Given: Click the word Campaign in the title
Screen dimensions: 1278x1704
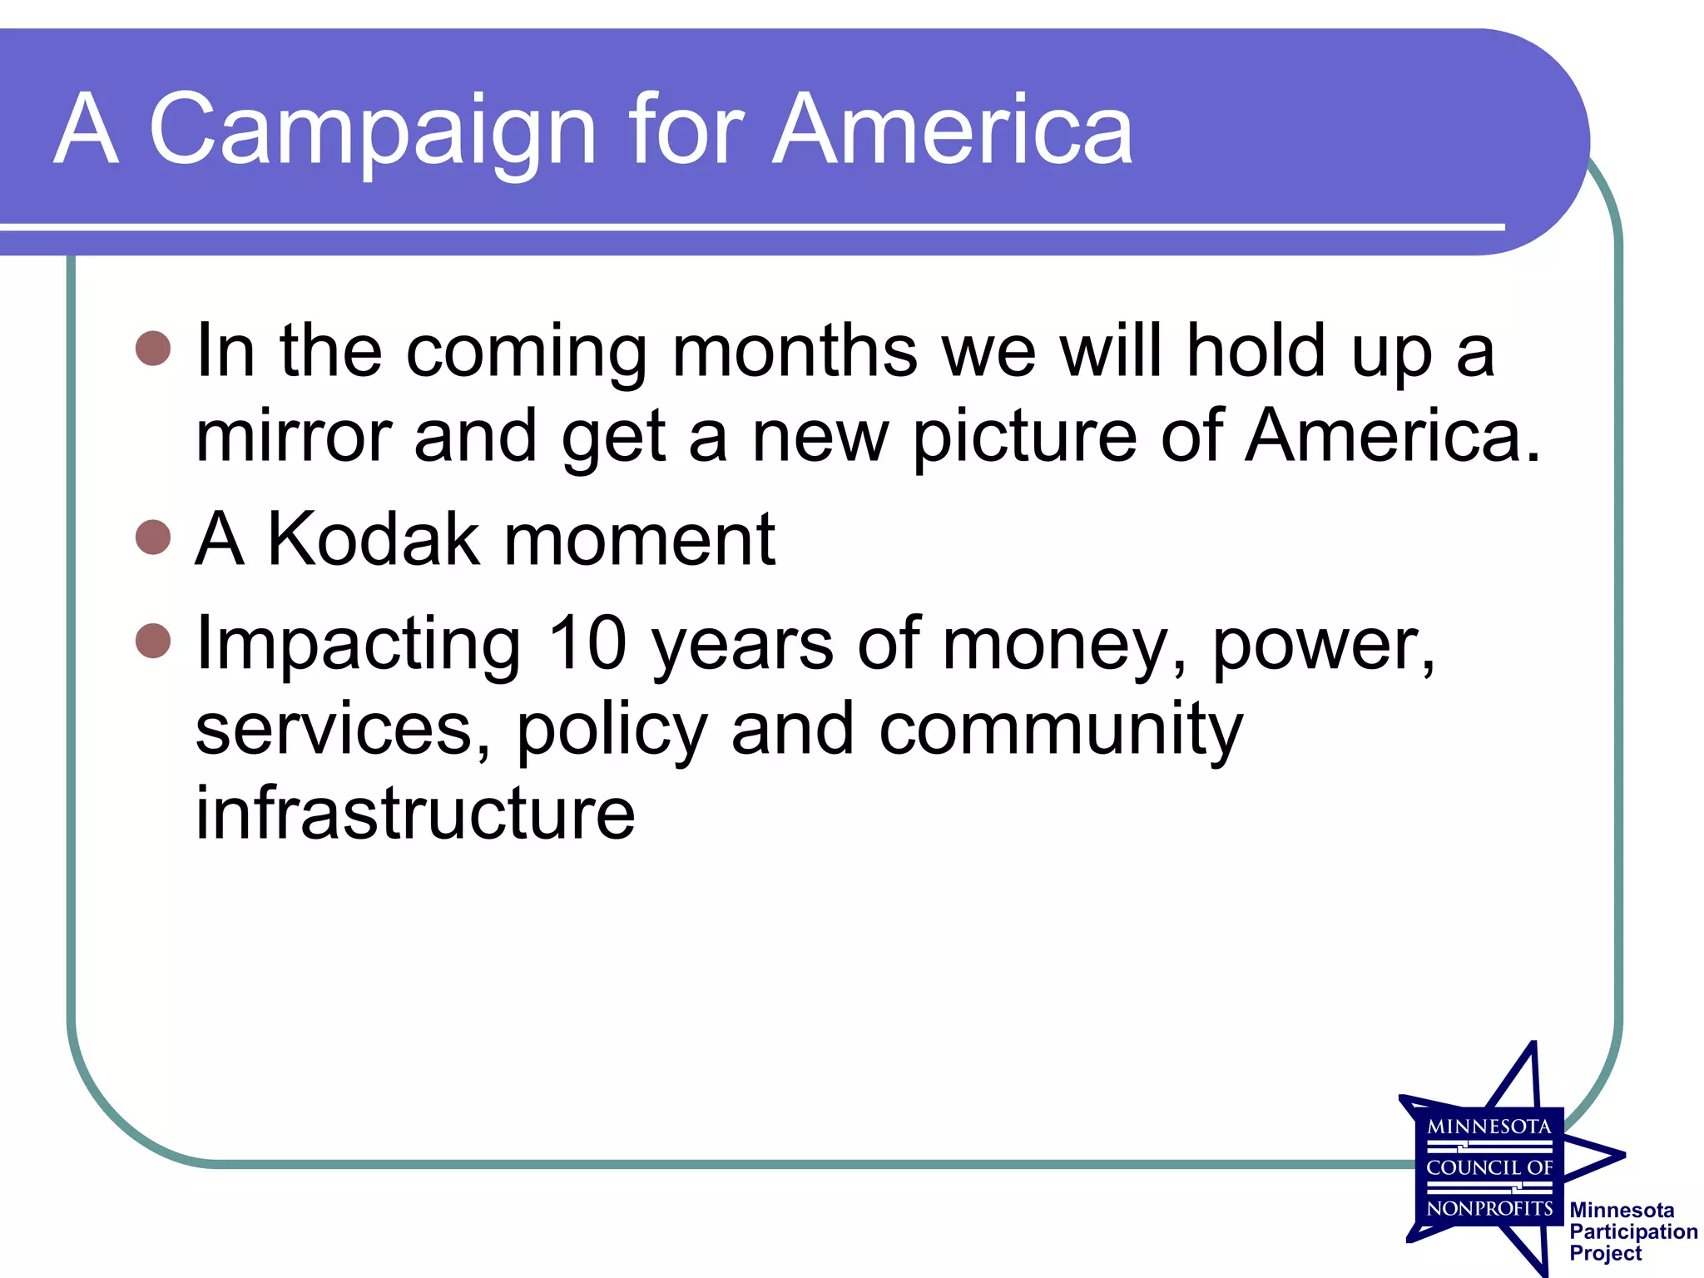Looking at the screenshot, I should pyautogui.click(x=372, y=131).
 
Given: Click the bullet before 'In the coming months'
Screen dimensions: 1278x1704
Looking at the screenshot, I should pyautogui.click(x=153, y=349).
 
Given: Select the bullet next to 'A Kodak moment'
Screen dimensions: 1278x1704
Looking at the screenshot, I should pyautogui.click(x=153, y=537).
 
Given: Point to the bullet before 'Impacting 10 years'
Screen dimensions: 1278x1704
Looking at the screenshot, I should pyautogui.click(x=153, y=640).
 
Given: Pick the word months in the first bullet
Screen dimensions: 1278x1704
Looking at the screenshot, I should pyautogui.click(x=795, y=351).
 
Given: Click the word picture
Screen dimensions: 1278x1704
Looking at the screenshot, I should pyautogui.click(x=1025, y=438).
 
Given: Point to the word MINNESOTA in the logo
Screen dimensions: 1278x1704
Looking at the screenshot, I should pyautogui.click(x=1489, y=1127).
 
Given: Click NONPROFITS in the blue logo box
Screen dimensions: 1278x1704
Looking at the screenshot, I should pyautogui.click(x=1489, y=1208).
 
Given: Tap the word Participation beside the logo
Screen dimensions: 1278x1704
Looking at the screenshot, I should pyautogui.click(x=1632, y=1232).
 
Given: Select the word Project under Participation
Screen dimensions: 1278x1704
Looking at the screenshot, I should pyautogui.click(x=1605, y=1254).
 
